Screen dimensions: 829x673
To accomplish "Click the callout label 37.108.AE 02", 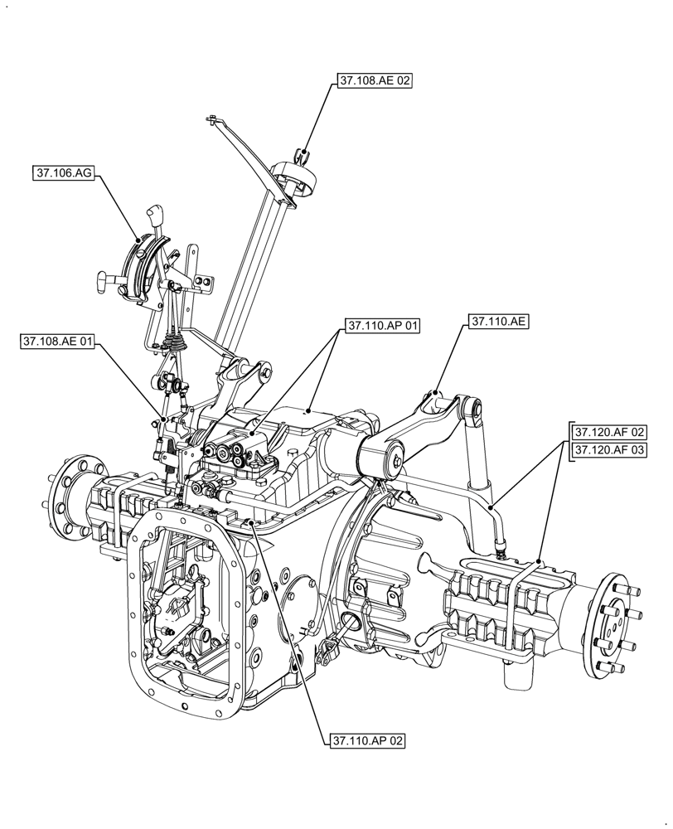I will click(375, 80).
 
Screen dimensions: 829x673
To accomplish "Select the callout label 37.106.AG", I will click(64, 172).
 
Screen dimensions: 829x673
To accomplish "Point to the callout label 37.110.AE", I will click(498, 321).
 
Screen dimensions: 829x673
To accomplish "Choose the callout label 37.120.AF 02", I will click(609, 432).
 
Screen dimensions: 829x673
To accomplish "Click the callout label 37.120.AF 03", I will click(609, 449).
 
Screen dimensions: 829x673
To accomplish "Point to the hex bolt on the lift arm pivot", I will click(396, 458).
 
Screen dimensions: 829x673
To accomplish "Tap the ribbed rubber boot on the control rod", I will click(175, 341).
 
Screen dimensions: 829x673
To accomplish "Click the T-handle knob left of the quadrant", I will click(104, 282).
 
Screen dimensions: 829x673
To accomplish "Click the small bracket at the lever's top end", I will click(214, 120).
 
